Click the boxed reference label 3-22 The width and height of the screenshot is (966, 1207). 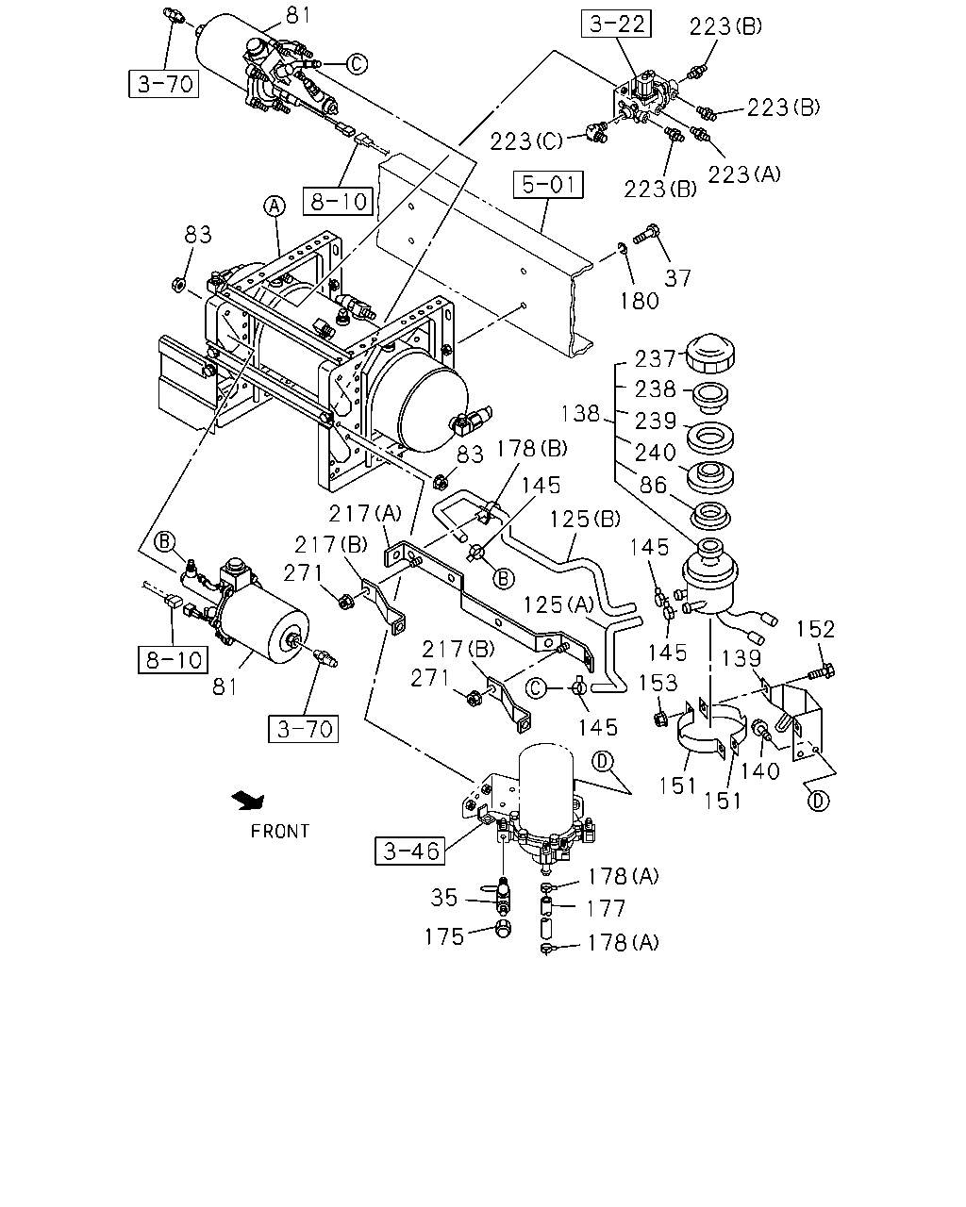(x=616, y=24)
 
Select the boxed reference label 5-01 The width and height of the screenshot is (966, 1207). (x=548, y=185)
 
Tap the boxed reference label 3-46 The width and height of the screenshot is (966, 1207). (x=409, y=851)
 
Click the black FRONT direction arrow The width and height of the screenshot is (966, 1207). (x=249, y=801)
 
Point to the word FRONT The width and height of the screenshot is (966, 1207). (x=280, y=831)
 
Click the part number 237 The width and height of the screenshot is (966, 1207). (x=655, y=359)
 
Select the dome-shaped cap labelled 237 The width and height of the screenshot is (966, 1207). (x=711, y=353)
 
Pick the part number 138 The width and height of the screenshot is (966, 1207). (x=580, y=413)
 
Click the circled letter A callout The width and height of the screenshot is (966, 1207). (x=274, y=207)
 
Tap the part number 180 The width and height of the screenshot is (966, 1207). (x=639, y=301)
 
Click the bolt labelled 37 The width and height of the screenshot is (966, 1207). (x=646, y=234)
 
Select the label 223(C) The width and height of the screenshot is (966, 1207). (x=526, y=141)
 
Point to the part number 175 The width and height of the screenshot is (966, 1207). (x=444, y=936)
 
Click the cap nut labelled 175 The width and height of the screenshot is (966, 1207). (x=505, y=929)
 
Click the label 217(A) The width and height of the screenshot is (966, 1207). (x=365, y=513)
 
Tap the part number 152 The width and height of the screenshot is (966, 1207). (x=816, y=629)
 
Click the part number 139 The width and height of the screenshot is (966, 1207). (x=741, y=658)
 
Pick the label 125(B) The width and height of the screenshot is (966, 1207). (x=585, y=520)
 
